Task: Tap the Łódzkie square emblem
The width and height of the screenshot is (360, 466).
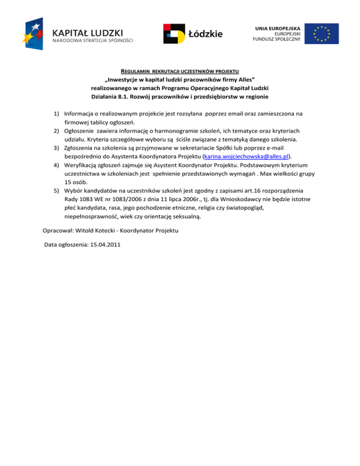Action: click(174, 33)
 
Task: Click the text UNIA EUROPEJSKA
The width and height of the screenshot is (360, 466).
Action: click(278, 29)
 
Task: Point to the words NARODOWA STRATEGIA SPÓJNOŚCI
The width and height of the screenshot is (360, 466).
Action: click(92, 41)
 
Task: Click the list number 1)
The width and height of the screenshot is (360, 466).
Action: click(56, 113)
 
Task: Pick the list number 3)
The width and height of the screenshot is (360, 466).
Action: click(56, 148)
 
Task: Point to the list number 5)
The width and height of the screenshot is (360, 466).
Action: click(56, 191)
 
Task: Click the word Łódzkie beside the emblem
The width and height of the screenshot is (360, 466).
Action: click(205, 34)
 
